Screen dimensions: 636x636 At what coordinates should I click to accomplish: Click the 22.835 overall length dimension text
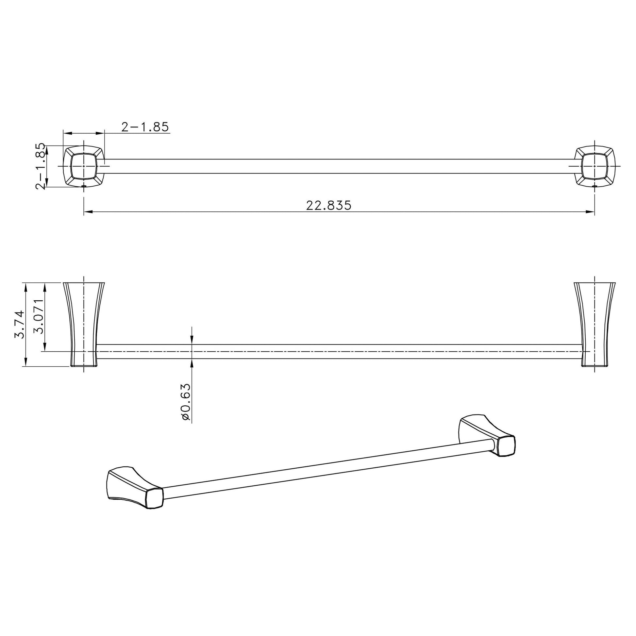(x=328, y=206)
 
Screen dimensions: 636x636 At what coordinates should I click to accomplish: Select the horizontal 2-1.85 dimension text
(x=145, y=127)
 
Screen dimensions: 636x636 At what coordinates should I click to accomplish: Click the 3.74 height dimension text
(x=19, y=324)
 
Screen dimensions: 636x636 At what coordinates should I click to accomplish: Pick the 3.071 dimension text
(x=39, y=316)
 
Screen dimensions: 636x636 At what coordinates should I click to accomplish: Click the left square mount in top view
(x=84, y=167)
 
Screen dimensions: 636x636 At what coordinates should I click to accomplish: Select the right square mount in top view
(x=594, y=167)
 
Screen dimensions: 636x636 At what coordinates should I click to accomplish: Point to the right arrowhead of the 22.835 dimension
(x=591, y=212)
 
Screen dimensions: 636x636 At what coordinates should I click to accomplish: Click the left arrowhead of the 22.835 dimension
(x=88, y=212)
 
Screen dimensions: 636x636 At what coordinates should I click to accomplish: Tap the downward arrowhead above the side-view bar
(x=192, y=341)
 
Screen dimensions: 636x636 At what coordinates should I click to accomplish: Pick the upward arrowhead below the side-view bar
(x=192, y=362)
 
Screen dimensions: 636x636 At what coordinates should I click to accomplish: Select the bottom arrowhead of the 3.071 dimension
(x=45, y=348)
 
